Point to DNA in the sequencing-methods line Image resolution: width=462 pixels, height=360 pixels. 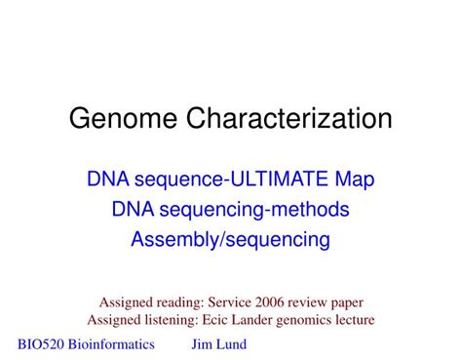[133, 209]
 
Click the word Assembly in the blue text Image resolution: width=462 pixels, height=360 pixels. [173, 239]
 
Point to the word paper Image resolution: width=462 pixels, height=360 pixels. [351, 302]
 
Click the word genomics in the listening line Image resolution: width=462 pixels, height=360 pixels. [309, 319]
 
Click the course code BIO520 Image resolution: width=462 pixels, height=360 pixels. [44, 343]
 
